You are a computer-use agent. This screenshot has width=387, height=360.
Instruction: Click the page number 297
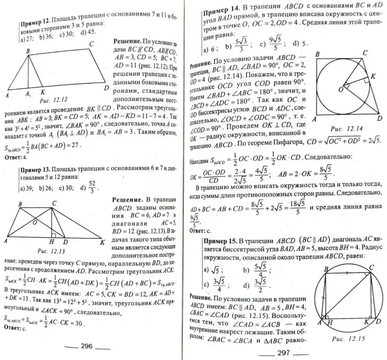pyautogui.click(x=283, y=352)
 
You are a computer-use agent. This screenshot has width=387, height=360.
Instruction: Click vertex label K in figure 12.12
pyautogui.click(x=43, y=91)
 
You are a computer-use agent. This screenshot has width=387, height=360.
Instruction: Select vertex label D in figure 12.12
pyautogui.click(x=105, y=87)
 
